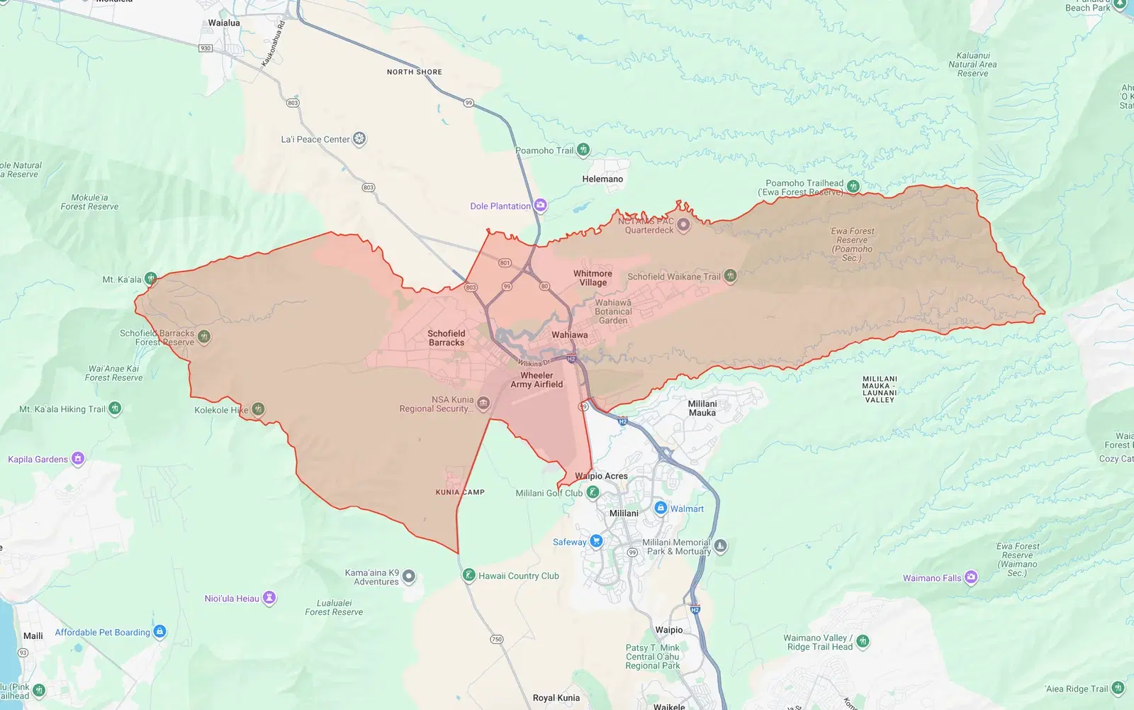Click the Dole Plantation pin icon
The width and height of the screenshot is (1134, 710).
(541, 206)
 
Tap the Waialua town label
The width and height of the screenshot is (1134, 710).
(224, 23)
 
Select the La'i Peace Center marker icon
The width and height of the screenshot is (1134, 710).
(359, 138)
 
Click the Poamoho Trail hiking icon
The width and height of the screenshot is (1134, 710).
(583, 150)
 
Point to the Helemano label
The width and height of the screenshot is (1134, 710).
(602, 179)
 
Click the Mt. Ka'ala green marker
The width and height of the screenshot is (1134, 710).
(150, 279)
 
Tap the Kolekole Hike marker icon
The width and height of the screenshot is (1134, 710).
(258, 409)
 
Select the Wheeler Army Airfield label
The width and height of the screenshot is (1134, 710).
(537, 380)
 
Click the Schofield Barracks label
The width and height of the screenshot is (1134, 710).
(447, 338)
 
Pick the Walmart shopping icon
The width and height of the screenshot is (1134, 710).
(661, 508)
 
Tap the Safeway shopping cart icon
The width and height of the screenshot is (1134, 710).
(596, 541)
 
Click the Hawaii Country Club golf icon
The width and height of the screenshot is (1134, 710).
(468, 575)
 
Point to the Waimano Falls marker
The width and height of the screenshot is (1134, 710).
(971, 577)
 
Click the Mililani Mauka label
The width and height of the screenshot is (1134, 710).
(702, 408)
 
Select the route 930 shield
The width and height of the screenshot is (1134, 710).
(206, 48)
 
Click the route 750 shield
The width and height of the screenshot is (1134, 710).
(497, 639)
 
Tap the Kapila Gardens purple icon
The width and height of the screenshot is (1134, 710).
(78, 458)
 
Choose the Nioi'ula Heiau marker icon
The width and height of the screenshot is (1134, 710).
(269, 598)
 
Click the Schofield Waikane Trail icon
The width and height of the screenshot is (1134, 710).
(730, 276)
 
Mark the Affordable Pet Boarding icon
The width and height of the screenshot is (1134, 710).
(160, 631)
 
